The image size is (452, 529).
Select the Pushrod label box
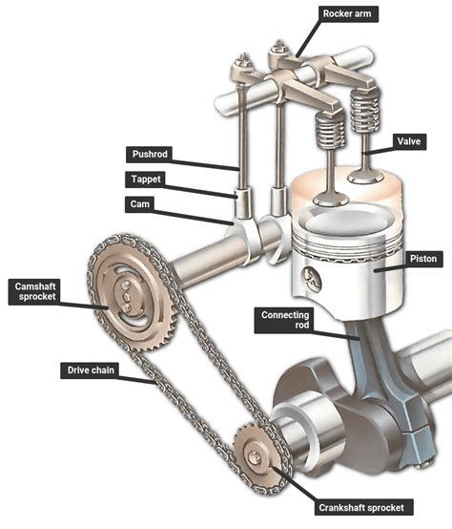click(151, 154)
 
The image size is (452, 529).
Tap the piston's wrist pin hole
click(310, 276)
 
